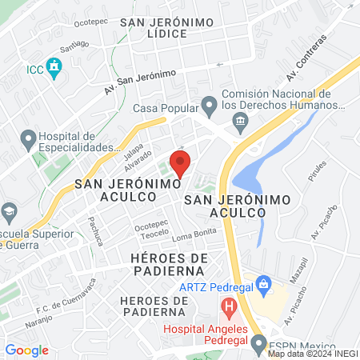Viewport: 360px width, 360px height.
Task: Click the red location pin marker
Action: pos(181,162)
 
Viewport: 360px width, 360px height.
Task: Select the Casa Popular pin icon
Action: pos(209,104)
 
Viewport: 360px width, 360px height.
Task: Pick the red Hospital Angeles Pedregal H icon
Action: pos(230,305)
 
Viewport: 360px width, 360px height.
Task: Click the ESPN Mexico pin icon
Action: pos(258,344)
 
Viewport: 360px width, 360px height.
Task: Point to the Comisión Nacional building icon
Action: pos(239,120)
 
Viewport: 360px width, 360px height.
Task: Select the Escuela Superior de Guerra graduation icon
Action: pos(10,213)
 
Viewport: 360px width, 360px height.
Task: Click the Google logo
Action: pos(26,350)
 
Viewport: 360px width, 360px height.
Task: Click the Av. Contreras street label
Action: pos(306,58)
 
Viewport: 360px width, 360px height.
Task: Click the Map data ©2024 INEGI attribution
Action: pos(312,351)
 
